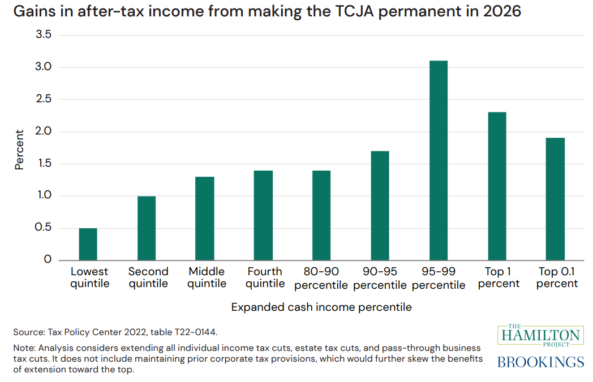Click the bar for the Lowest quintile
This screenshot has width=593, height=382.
88,244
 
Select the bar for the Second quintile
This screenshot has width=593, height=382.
147,228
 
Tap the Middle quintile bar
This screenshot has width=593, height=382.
205,219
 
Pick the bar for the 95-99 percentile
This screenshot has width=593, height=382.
439,160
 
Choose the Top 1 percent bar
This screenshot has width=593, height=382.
497,186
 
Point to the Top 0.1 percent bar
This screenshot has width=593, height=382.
555,199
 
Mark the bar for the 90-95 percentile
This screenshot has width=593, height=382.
380,206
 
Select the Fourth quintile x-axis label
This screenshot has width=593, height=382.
264,277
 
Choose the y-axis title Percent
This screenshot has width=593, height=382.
20,150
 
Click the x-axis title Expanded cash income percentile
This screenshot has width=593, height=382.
321,307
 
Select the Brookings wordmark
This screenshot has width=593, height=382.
540,362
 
